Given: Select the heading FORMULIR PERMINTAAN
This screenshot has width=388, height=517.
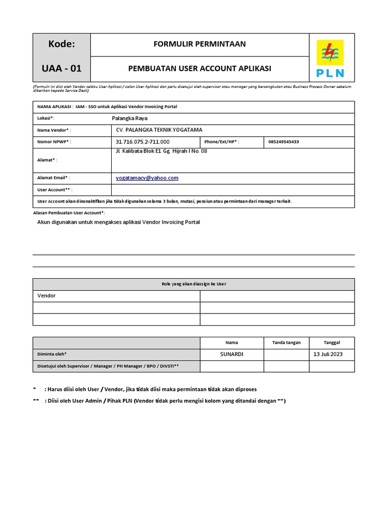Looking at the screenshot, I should pos(200,44).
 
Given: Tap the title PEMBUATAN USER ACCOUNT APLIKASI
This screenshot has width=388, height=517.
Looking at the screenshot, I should pos(200,69).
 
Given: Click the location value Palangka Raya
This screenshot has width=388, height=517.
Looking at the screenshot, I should pos(129,118).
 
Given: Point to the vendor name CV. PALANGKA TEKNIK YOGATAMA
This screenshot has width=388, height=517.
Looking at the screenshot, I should pos(159,130).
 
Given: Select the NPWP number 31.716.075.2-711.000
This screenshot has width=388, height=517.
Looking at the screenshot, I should pos(143,142).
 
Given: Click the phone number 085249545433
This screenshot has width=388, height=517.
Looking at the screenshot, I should pos(283,142).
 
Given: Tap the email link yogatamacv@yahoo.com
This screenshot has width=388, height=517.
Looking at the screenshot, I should pos(147,178).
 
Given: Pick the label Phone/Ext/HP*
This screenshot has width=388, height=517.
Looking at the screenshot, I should pos(221,142).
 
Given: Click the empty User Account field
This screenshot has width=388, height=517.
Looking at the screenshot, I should pos(232,190).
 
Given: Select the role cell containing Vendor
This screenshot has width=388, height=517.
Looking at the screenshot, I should pos(116,296).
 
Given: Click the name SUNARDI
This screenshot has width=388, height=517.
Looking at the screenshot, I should pos(232,354).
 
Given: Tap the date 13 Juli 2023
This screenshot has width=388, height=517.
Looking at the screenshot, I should pos(328,354).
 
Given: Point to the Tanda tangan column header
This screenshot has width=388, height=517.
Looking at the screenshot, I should pos(286,342).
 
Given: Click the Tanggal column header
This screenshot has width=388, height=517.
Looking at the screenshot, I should pos(332,342).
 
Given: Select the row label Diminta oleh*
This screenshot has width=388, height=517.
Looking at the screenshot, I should pos(52,354).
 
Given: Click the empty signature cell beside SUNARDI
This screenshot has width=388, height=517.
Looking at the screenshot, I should pos(286,354).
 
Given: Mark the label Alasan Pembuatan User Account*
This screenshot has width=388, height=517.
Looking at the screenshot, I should pos(69,213).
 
